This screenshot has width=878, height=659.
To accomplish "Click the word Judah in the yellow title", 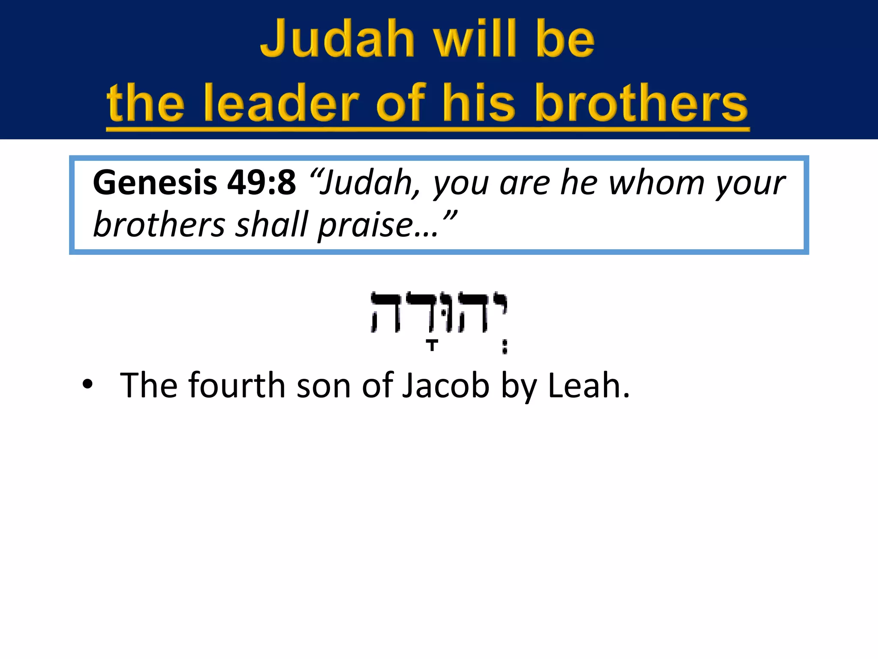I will tap(337, 39).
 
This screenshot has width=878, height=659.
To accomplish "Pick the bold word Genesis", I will tap(155, 182).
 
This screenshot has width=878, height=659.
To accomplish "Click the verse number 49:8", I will tap(262, 182).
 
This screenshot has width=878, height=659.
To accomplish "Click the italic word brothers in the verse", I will tap(159, 225).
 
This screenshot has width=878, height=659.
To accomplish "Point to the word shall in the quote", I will tap(272, 225).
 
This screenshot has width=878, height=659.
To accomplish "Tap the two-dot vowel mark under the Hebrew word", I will tap(505, 347).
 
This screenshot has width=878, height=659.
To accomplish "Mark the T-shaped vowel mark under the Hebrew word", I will tap(433, 345).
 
